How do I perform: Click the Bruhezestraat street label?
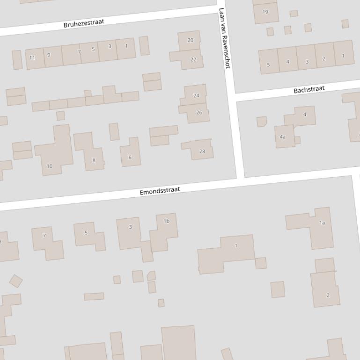click(84, 22)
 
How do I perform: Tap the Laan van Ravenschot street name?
click(224, 38)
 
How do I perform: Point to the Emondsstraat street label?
click(160, 191)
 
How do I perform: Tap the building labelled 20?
click(190, 40)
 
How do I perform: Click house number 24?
click(196, 95)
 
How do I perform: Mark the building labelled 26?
click(198, 113)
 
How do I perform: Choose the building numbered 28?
click(201, 151)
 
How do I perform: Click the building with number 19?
click(265, 12)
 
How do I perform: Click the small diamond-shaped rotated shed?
click(16, 281)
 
